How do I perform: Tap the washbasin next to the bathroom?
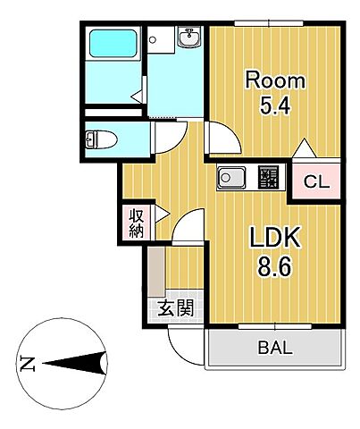188,39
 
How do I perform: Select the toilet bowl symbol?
96,139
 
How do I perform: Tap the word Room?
275,80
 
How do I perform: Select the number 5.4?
275,105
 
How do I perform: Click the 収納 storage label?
137,222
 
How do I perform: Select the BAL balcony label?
275,349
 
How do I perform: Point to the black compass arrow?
76,363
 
